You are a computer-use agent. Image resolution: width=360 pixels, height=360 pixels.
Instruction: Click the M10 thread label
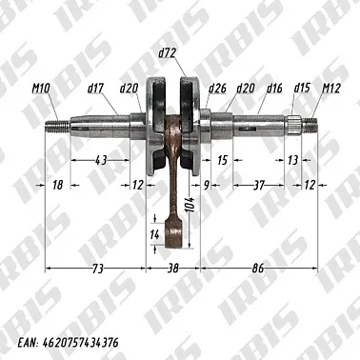(x=40, y=89)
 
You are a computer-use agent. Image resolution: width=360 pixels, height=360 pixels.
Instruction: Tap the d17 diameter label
(x=95, y=89)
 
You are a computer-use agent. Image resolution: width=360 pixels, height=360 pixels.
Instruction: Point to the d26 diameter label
(x=216, y=89)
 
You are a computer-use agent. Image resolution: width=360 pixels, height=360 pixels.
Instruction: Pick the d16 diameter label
(x=274, y=89)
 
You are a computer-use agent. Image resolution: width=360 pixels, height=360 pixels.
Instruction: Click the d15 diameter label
(x=303, y=89)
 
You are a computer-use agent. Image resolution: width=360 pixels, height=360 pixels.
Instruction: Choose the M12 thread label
(x=332, y=89)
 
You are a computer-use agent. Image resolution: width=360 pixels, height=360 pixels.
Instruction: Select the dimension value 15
(x=223, y=160)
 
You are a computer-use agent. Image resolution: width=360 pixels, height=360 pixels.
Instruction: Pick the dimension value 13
(x=291, y=160)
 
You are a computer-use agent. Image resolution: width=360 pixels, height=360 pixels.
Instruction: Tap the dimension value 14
(x=155, y=233)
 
